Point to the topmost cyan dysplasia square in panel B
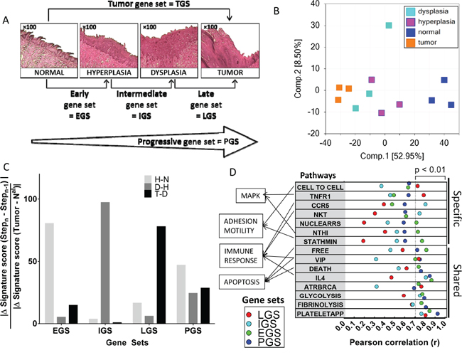click(x=389, y=26)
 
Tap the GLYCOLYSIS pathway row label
click(x=319, y=295)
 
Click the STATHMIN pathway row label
click(x=319, y=241)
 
